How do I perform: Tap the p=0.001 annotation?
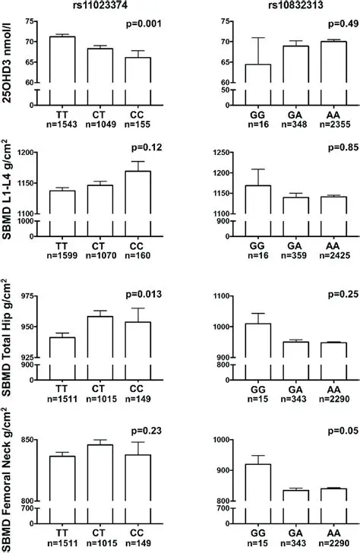pyautogui.click(x=144, y=24)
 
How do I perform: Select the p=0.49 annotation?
pyautogui.click(x=329, y=24)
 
